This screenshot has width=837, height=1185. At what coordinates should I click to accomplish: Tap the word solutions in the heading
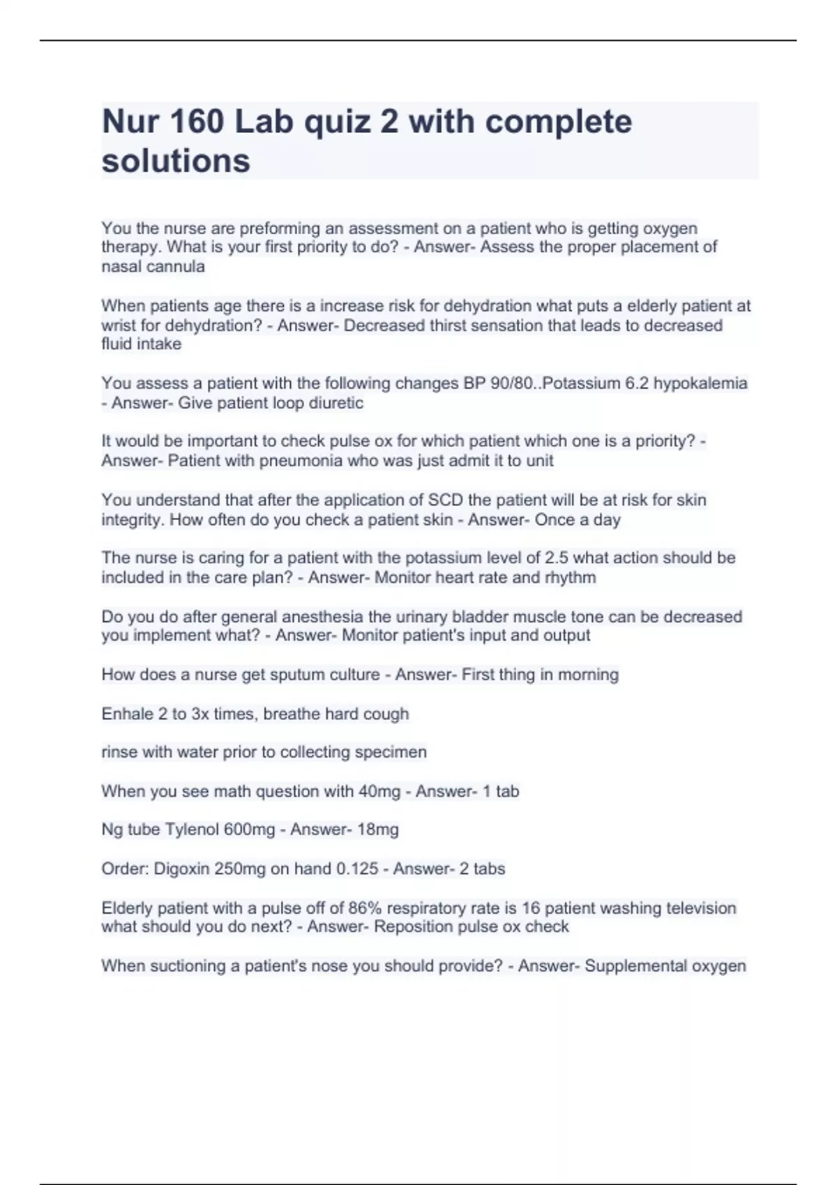click(x=176, y=161)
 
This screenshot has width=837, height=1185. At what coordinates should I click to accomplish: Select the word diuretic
click(x=337, y=403)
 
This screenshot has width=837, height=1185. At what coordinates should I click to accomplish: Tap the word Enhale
click(x=128, y=714)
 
